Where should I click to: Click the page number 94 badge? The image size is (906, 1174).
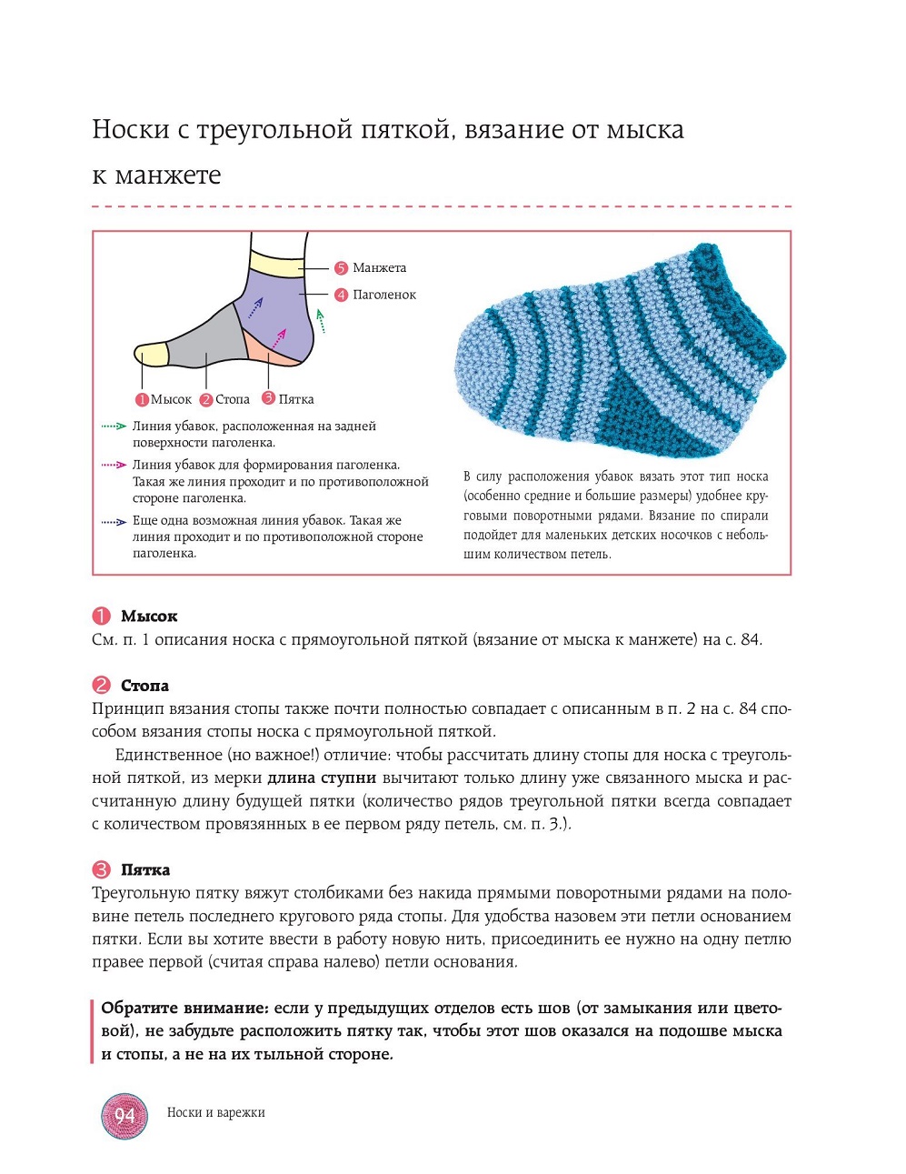click(124, 1116)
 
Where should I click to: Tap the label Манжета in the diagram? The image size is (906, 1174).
click(379, 268)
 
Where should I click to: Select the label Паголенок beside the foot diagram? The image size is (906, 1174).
click(384, 295)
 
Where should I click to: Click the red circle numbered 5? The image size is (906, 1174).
click(341, 268)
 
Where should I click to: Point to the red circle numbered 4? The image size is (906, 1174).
click(341, 295)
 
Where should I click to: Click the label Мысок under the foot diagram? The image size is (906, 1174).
click(171, 399)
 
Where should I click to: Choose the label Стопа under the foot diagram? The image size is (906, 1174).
click(233, 399)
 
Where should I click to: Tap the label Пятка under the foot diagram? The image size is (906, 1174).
click(296, 399)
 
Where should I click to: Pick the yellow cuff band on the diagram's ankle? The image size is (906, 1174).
click(276, 263)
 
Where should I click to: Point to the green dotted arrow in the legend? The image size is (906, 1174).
click(114, 426)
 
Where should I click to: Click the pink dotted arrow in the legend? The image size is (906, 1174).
click(114, 465)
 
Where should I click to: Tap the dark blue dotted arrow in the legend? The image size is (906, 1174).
click(114, 522)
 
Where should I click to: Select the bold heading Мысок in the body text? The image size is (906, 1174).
click(149, 617)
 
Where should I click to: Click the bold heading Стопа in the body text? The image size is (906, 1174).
click(144, 686)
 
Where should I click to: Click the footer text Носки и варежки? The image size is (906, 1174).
click(216, 1112)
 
